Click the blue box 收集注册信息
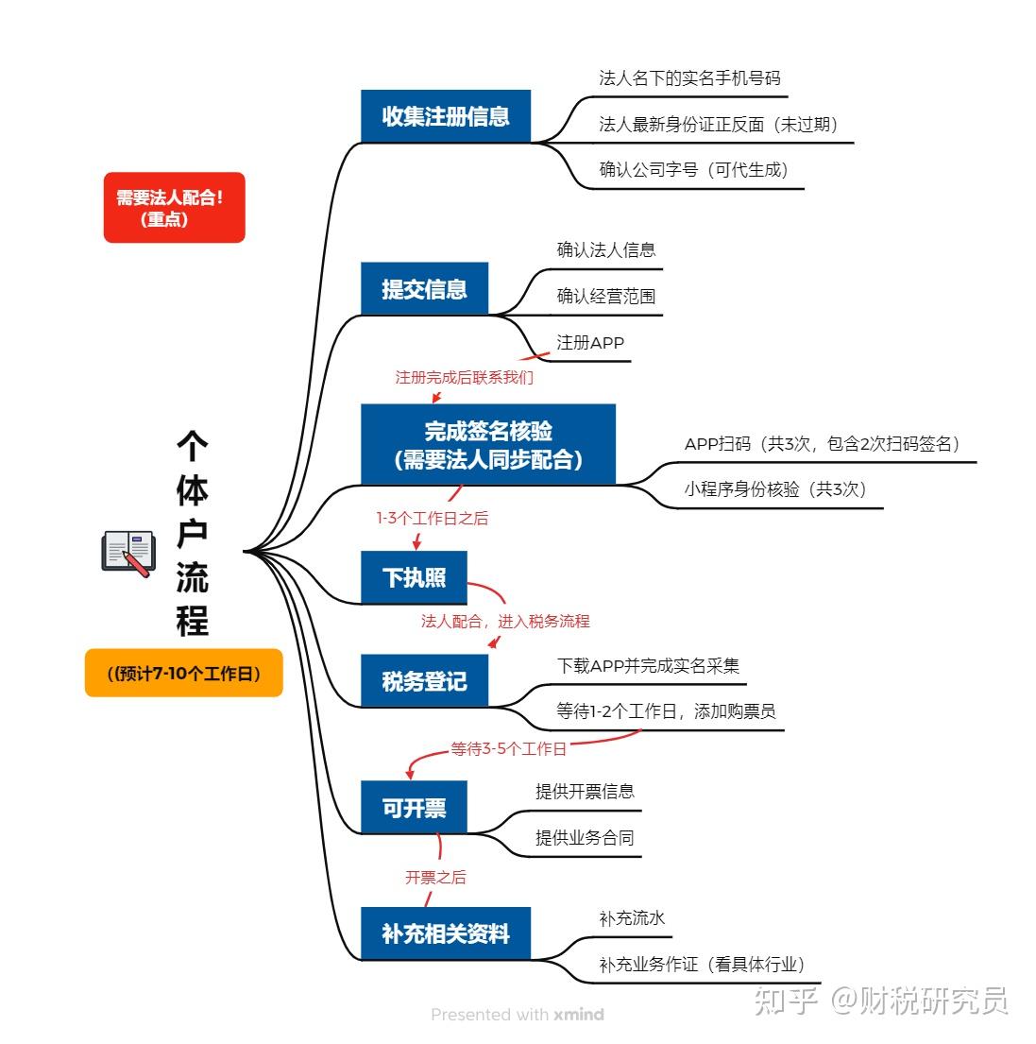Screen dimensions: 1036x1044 (445, 116)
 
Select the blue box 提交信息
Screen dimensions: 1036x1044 (424, 288)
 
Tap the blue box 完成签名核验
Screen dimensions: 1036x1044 (487, 444)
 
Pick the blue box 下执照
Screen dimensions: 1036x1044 (414, 577)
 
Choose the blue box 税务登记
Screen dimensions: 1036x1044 (424, 680)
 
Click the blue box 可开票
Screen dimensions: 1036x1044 (414, 807)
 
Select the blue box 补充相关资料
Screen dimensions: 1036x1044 (445, 933)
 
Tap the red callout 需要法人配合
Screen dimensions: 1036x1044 (175, 207)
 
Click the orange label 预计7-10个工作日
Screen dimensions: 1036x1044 (183, 673)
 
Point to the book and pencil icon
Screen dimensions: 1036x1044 (128, 554)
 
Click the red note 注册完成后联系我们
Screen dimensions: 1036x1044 (465, 378)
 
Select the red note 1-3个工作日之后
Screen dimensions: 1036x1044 (432, 518)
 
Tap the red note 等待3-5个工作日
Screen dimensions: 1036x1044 (508, 749)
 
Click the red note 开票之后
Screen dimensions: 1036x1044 (435, 878)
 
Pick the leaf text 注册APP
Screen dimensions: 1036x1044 (590, 343)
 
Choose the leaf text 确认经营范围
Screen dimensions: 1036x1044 (606, 297)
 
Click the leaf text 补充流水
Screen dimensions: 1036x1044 (632, 918)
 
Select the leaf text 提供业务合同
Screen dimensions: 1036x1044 (585, 838)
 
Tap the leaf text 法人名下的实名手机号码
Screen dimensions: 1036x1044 (690, 77)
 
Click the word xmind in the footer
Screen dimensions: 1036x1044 (579, 1014)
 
